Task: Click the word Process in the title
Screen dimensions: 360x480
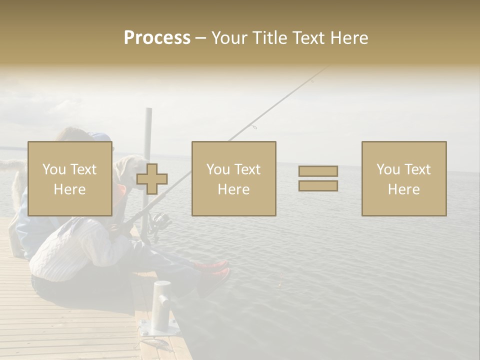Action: (157, 37)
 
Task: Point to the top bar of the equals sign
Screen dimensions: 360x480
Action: (318, 171)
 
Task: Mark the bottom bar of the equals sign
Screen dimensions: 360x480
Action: (318, 186)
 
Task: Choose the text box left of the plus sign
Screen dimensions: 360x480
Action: (70, 178)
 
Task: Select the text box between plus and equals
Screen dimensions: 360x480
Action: (233, 178)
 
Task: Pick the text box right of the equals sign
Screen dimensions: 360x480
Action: (404, 178)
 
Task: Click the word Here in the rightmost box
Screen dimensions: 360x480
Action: (403, 189)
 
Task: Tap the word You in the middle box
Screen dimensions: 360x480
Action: (218, 169)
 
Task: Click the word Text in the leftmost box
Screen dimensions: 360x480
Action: (83, 169)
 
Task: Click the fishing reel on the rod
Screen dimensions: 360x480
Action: (160, 221)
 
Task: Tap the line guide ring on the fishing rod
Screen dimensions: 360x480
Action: (254, 127)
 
